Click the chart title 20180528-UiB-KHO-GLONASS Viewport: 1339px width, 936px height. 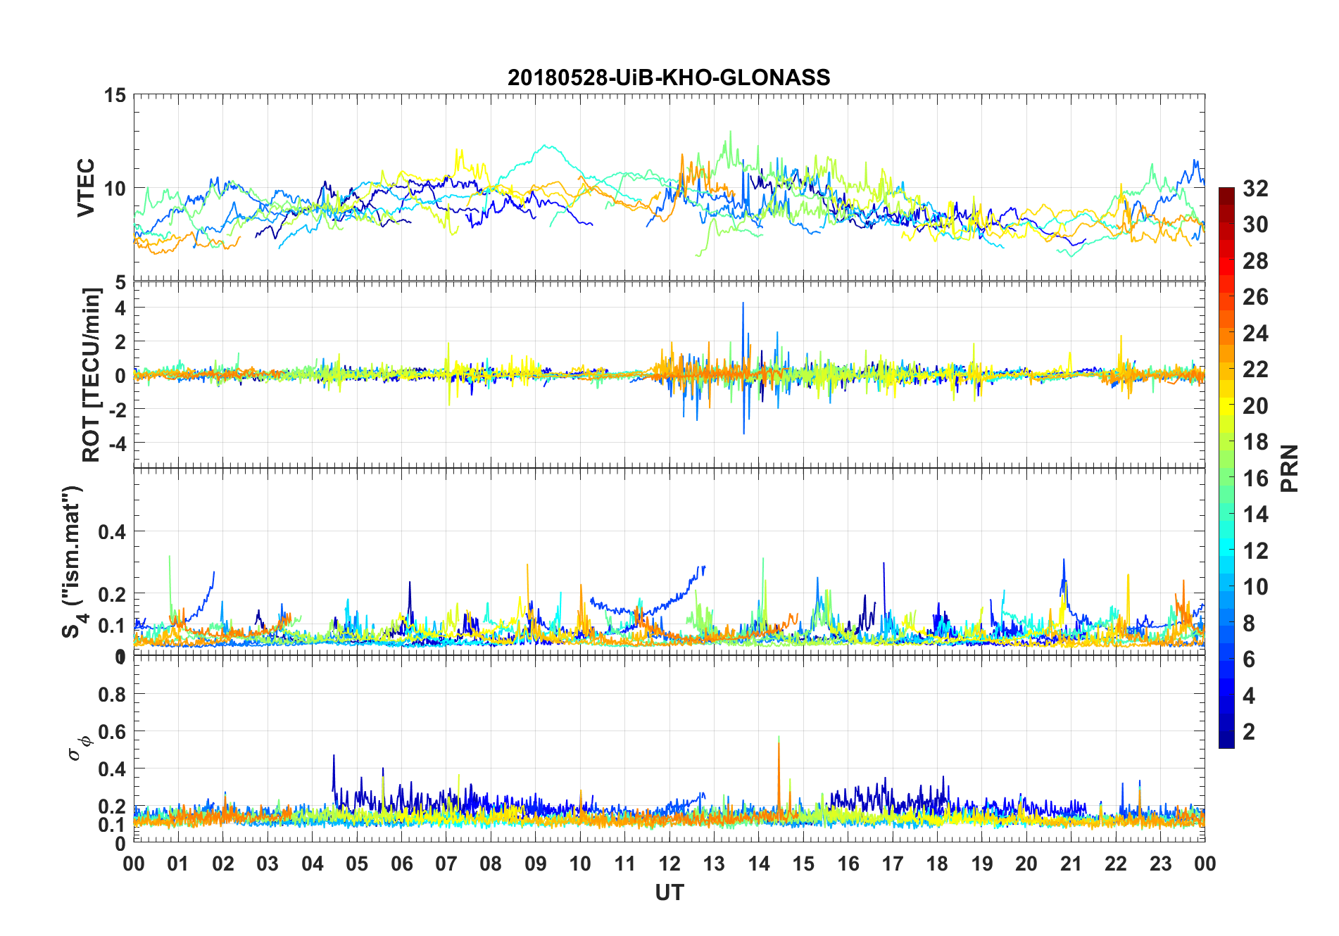669,77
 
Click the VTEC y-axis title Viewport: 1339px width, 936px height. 86,188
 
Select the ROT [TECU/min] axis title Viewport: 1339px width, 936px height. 92,374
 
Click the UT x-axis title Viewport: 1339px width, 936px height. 669,893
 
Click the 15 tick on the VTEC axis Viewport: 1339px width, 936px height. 115,95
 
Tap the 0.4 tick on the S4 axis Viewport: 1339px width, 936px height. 112,532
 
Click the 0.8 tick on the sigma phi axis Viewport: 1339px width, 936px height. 112,695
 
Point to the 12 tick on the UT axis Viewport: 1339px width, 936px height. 669,864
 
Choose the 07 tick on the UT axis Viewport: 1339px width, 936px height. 446,864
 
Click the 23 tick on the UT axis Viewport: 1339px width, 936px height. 1160,864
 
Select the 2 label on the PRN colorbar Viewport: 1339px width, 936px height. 1249,732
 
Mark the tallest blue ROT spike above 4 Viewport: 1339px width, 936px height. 743,304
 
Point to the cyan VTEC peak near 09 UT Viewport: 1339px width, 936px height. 546,146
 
